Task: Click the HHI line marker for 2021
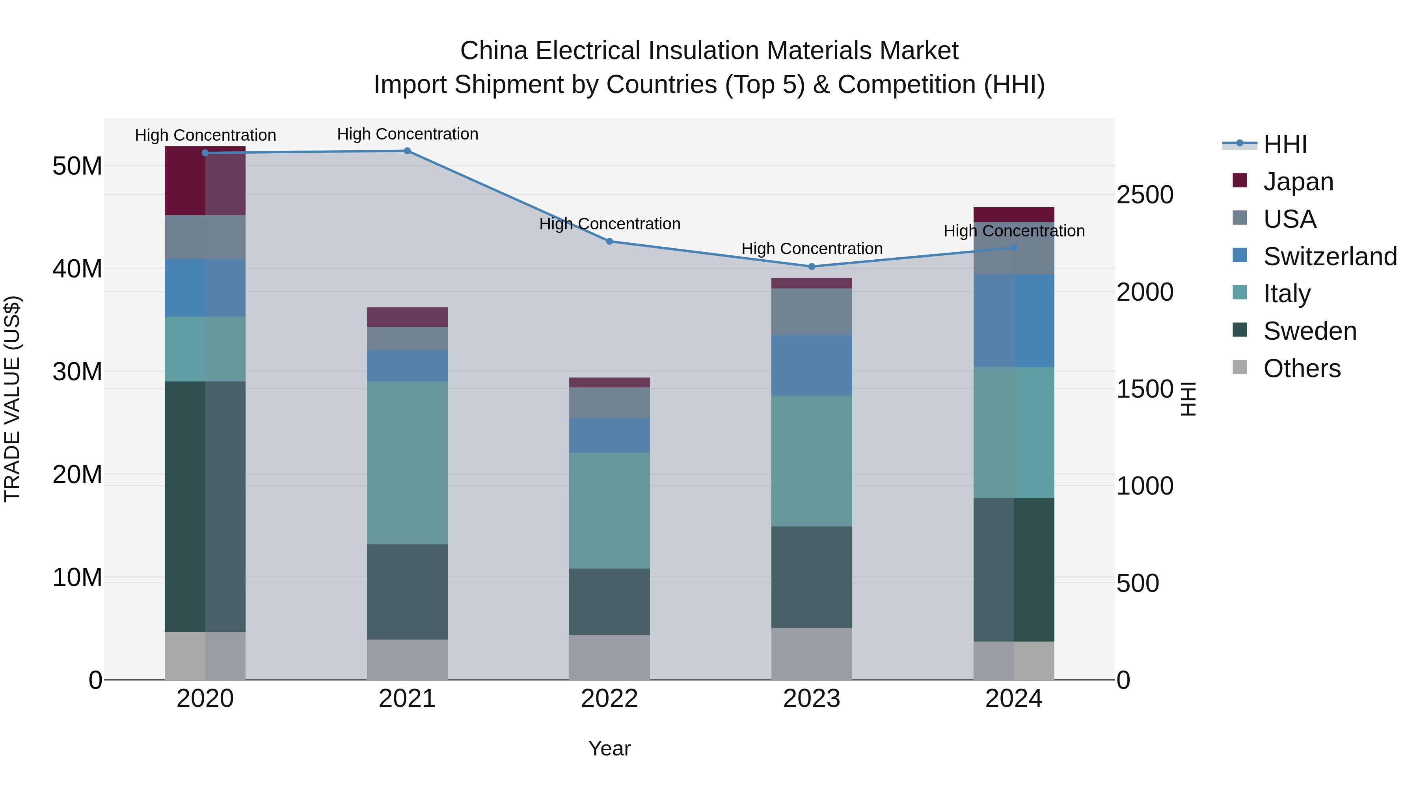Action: [x=407, y=151]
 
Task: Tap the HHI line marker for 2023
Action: [x=812, y=266]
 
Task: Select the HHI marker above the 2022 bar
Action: [x=609, y=241]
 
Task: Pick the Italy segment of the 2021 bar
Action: [x=407, y=463]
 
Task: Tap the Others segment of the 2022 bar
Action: [x=609, y=657]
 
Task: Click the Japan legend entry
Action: [x=1298, y=182]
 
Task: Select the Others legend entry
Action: [x=1301, y=368]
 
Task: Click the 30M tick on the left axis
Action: [x=77, y=372]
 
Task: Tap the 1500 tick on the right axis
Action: [x=1145, y=389]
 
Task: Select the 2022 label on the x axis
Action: [x=609, y=699]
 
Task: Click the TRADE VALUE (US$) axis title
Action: [x=12, y=399]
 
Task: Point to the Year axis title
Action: [x=609, y=748]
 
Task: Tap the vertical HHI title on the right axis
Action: [x=1189, y=399]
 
